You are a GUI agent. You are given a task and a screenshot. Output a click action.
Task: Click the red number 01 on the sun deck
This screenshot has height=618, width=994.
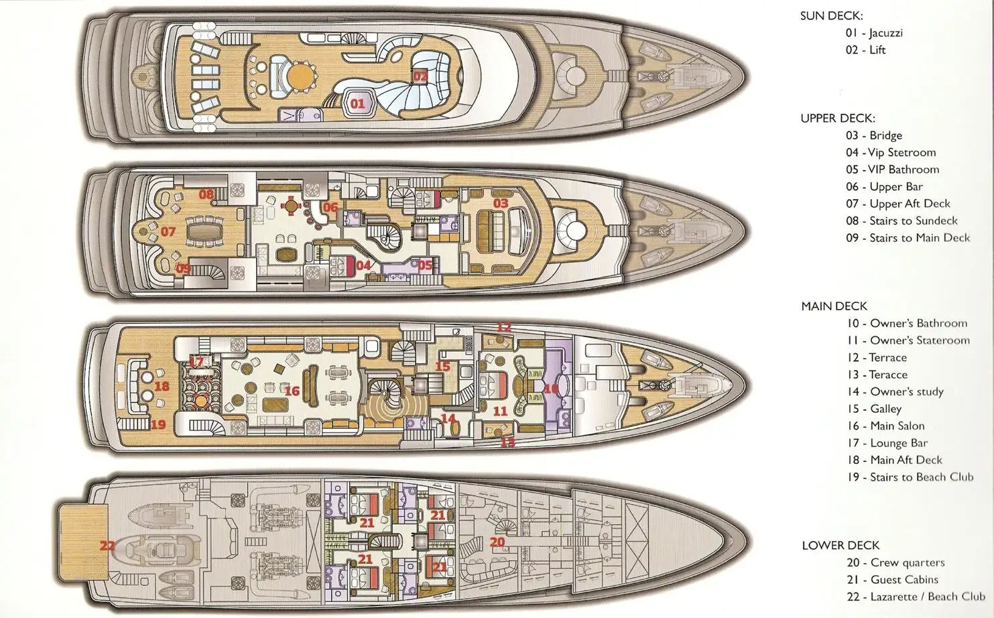[x=357, y=103]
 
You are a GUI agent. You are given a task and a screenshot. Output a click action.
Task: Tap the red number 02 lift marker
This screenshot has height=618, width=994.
[x=420, y=76]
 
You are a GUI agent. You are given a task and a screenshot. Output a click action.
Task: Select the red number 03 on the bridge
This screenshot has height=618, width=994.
[x=501, y=203]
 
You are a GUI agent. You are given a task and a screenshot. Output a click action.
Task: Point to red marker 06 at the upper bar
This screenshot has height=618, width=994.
[x=330, y=207]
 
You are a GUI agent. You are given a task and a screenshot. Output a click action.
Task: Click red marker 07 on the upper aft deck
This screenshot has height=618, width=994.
[x=168, y=232]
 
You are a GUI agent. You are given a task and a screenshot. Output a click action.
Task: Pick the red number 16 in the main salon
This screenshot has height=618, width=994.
[x=292, y=391]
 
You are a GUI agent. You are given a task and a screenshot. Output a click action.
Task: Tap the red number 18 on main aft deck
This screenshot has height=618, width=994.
[x=162, y=386]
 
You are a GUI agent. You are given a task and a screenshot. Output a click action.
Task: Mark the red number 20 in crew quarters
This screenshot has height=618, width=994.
[x=497, y=542]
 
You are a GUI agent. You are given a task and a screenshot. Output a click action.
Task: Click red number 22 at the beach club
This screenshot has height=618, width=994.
[x=107, y=546]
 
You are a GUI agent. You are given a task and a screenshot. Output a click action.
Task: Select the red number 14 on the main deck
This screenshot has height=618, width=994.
[x=448, y=418]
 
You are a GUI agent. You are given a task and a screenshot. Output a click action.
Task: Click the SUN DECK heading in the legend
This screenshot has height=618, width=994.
[x=831, y=15]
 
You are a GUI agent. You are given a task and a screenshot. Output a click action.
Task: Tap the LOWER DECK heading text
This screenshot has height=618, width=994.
[x=841, y=545]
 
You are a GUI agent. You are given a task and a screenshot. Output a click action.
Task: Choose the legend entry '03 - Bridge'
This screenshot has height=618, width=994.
[x=873, y=135]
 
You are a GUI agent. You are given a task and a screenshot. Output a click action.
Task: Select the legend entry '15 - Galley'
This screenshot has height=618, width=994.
[x=874, y=409]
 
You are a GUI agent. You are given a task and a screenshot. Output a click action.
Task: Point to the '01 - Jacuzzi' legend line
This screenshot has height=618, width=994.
[x=873, y=33]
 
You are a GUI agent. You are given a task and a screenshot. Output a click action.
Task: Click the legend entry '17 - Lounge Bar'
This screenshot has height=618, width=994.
[x=887, y=443]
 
